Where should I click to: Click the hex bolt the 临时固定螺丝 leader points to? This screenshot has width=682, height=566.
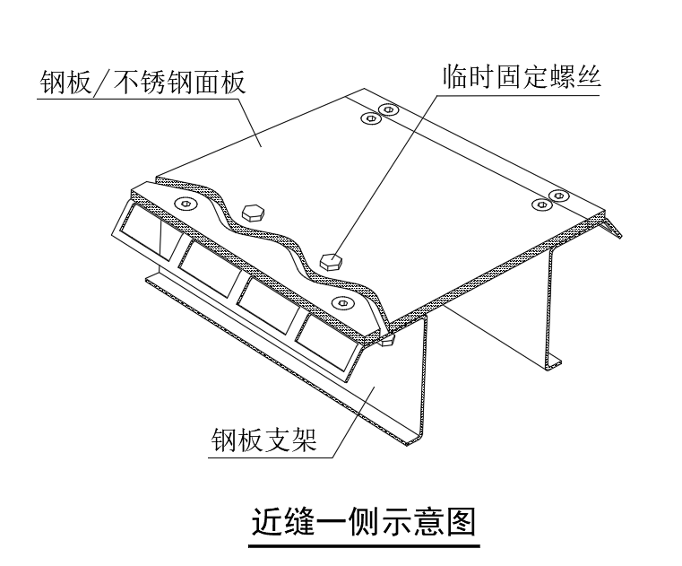(x=331, y=261)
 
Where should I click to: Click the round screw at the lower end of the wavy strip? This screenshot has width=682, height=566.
(x=341, y=302)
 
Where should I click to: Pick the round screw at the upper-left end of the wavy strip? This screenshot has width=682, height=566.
(x=186, y=203)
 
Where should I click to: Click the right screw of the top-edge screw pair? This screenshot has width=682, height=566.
(x=388, y=109)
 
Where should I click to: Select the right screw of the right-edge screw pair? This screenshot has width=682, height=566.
(x=559, y=195)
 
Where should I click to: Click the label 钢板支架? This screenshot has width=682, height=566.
(x=264, y=440)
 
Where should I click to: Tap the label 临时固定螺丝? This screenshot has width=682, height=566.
(x=522, y=77)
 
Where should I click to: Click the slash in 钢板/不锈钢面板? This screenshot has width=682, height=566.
(x=103, y=82)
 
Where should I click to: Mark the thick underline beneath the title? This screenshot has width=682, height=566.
(x=364, y=545)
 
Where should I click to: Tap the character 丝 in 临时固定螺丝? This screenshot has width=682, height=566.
(x=588, y=77)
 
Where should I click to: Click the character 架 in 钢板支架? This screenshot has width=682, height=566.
(x=304, y=440)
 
